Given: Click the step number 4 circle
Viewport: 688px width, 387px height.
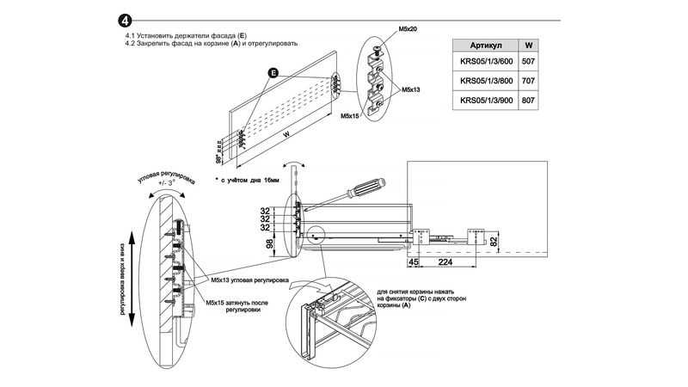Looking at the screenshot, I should (126, 20).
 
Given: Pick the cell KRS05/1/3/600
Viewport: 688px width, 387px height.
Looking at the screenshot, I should (484, 61).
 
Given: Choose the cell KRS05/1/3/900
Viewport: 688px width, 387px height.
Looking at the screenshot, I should (484, 100).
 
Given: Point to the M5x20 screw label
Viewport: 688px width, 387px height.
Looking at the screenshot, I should (407, 30).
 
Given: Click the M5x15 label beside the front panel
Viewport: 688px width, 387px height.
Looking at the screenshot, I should (350, 114).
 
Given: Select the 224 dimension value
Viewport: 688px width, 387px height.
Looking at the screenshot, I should (445, 263).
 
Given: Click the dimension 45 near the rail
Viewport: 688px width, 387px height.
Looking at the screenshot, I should (413, 263).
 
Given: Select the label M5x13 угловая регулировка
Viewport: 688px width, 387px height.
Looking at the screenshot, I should (249, 280).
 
